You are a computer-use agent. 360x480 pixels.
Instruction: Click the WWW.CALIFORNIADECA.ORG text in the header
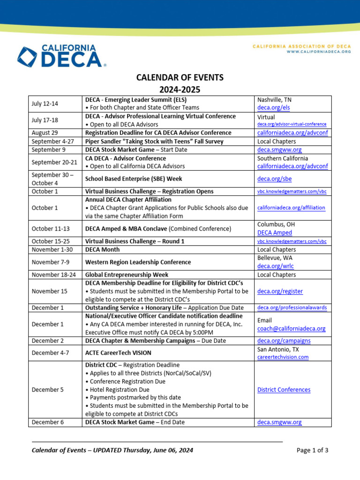(x=319, y=52)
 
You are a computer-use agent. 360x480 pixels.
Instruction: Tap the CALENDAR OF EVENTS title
(x=180, y=78)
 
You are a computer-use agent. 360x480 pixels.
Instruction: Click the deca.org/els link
(x=270, y=108)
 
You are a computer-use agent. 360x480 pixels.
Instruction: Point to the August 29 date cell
(x=45, y=133)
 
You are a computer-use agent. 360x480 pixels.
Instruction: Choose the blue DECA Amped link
(x=275, y=232)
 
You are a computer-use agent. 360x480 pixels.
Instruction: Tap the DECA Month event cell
(x=100, y=250)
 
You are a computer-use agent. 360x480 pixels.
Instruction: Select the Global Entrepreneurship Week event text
(x=127, y=275)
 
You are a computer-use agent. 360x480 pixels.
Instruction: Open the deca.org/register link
(x=280, y=291)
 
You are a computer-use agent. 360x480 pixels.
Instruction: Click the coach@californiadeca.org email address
(x=291, y=329)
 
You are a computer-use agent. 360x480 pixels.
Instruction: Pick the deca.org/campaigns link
(x=284, y=341)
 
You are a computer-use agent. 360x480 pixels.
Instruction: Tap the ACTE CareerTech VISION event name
(x=118, y=353)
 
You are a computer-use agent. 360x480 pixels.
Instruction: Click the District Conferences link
(x=284, y=390)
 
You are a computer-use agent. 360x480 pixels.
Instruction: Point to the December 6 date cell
(x=47, y=422)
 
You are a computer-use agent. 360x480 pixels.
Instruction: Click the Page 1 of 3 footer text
(x=312, y=450)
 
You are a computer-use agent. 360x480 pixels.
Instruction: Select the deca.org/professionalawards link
(x=292, y=308)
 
